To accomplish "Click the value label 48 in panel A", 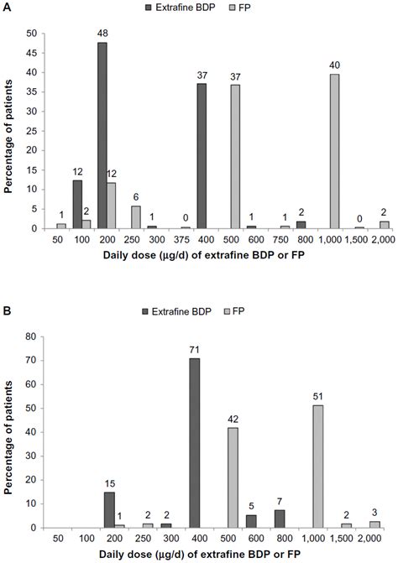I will click(x=102, y=34).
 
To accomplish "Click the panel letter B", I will click(x=7, y=291).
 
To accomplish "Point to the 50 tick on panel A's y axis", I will click(x=30, y=34).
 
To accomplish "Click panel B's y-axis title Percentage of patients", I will click(x=10, y=423).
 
